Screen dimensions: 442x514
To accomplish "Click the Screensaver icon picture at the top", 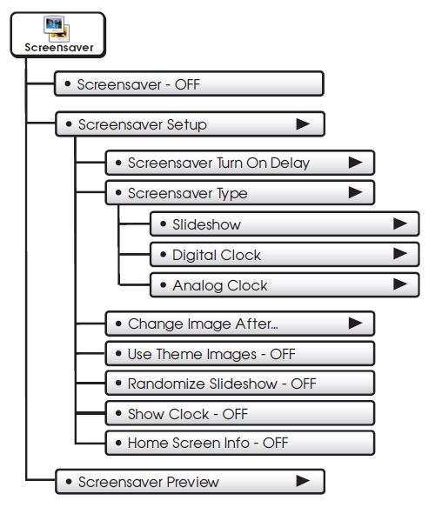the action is pyautogui.click(x=57, y=29).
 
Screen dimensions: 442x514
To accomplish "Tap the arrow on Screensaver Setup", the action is pyautogui.click(x=303, y=123).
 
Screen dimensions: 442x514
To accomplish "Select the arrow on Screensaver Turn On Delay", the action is pyautogui.click(x=356, y=163).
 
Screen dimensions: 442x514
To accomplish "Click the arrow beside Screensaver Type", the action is pyautogui.click(x=356, y=192).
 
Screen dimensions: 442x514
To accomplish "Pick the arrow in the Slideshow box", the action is pyautogui.click(x=400, y=224).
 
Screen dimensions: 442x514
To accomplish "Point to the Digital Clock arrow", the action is pyautogui.click(x=400, y=254).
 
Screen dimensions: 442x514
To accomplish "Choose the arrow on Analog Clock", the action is pyautogui.click(x=400, y=284).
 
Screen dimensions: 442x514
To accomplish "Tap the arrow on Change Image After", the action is pyautogui.click(x=356, y=323).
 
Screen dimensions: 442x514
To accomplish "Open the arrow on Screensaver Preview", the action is pyautogui.click(x=303, y=481).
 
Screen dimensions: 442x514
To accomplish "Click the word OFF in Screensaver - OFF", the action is pyautogui.click(x=187, y=85).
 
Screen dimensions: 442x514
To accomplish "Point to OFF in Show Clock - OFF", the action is pyautogui.click(x=235, y=414).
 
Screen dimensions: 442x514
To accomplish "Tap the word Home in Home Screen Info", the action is pyautogui.click(x=148, y=444).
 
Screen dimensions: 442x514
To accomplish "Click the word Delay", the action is pyautogui.click(x=290, y=164).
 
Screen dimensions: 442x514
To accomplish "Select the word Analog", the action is pyautogui.click(x=198, y=286).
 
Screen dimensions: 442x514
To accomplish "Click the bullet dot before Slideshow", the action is pyautogui.click(x=163, y=224).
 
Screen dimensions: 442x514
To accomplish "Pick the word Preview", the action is pyautogui.click(x=193, y=482).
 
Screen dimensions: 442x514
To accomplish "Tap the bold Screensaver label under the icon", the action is pyautogui.click(x=59, y=48).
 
